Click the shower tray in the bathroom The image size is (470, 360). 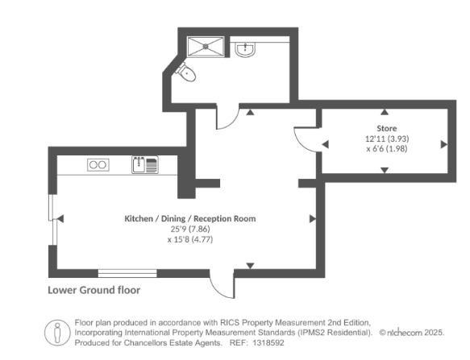[206, 47]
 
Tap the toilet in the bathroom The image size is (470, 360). [186, 72]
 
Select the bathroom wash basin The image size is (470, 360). [245, 50]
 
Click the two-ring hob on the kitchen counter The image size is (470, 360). [98, 165]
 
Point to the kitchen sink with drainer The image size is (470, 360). [145, 165]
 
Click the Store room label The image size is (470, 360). [387, 129]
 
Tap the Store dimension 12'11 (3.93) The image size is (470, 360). [387, 139]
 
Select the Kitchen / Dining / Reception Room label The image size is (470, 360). [190, 218]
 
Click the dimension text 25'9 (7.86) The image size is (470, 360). [190, 229]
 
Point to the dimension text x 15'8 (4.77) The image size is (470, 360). [190, 240]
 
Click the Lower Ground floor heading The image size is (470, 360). [94, 290]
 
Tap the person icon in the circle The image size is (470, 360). [57, 333]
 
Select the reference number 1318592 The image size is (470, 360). [268, 342]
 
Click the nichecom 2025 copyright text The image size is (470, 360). [412, 333]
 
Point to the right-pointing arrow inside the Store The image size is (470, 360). [444, 144]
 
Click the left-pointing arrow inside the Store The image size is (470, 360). [325, 144]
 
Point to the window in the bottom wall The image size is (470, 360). [127, 273]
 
